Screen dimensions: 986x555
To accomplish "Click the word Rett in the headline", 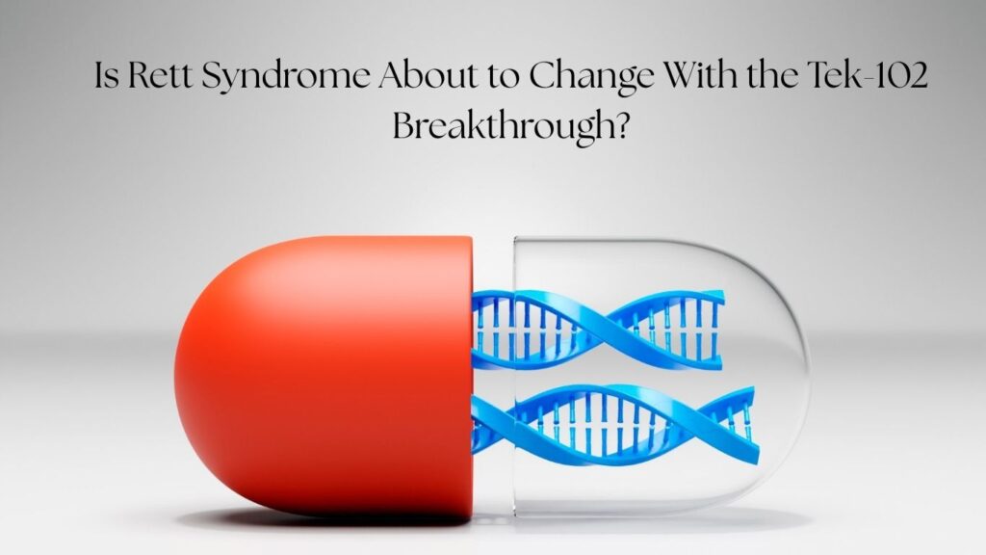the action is pyautogui.click(x=159, y=75).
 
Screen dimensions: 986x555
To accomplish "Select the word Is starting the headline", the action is pyautogui.click(x=108, y=75).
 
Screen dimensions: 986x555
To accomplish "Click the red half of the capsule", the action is pyautogui.click(x=324, y=378).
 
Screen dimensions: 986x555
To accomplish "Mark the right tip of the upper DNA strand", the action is pyautogui.click(x=723, y=296).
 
